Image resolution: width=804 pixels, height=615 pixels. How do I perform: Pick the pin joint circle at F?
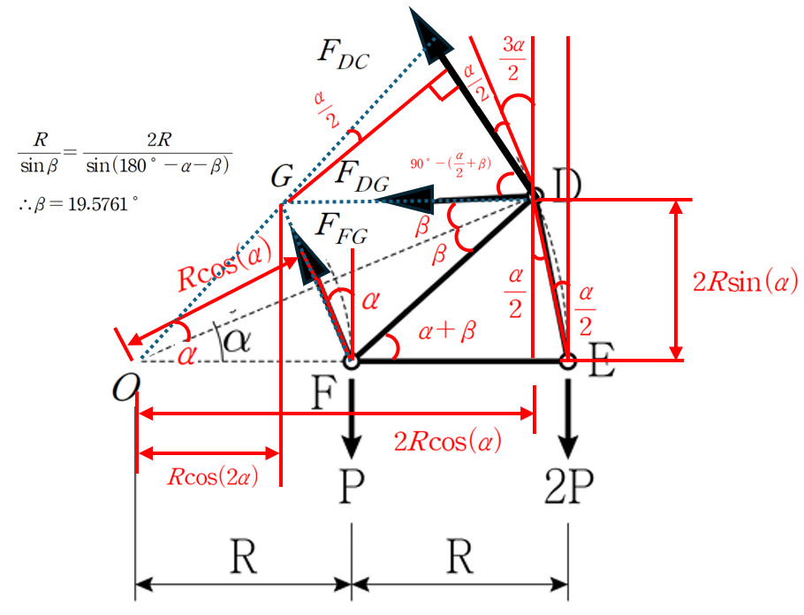click(351, 361)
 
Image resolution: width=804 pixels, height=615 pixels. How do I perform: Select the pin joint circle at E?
click(568, 361)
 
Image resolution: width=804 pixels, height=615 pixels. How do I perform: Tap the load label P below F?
click(351, 485)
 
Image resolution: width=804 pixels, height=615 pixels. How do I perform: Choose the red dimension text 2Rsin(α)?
click(746, 283)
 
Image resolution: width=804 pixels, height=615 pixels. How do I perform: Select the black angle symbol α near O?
click(236, 341)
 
